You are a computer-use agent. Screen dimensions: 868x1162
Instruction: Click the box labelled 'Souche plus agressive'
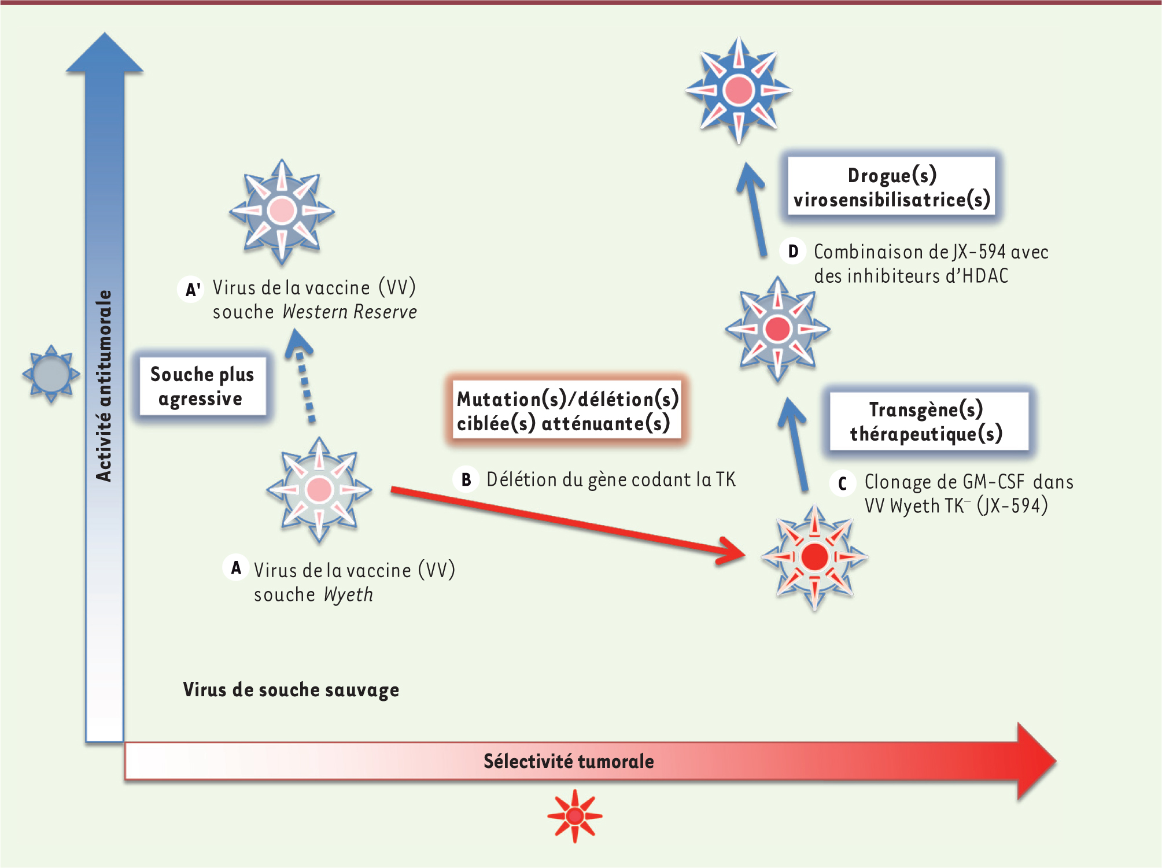(x=202, y=386)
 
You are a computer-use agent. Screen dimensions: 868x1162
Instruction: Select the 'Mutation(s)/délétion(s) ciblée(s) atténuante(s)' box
(x=567, y=411)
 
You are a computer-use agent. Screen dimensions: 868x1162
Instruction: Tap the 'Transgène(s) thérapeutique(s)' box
(x=928, y=421)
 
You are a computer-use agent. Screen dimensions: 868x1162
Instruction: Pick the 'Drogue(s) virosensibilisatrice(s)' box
(x=891, y=187)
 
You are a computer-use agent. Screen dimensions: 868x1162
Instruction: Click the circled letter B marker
(x=466, y=479)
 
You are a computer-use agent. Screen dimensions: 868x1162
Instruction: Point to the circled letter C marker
(x=842, y=483)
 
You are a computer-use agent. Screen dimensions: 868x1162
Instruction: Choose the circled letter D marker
(x=793, y=252)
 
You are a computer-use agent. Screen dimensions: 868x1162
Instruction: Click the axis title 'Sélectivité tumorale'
(x=569, y=761)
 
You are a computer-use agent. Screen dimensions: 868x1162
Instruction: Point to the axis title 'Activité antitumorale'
(x=104, y=386)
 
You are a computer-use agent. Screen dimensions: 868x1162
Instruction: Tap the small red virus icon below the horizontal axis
(x=574, y=815)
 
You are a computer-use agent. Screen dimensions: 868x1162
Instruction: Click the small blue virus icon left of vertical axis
(x=51, y=374)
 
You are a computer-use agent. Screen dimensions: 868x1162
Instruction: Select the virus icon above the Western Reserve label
(x=282, y=212)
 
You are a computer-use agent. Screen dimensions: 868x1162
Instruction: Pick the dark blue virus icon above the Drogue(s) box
(x=739, y=90)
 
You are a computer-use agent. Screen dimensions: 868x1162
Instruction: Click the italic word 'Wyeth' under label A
(x=348, y=594)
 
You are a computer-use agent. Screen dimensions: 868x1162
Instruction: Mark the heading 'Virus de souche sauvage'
(x=291, y=690)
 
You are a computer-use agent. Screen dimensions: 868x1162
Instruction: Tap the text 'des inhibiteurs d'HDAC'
(x=911, y=276)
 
